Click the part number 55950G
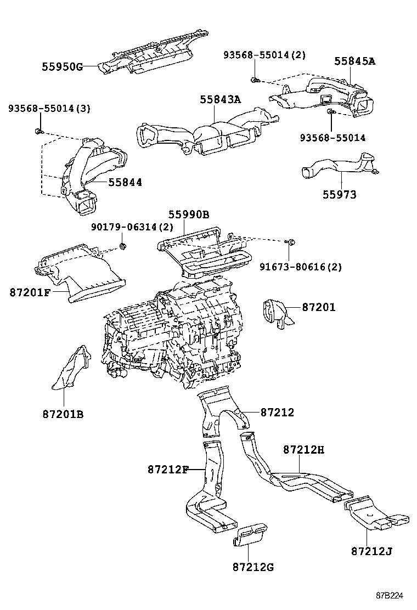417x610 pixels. pyautogui.click(x=61, y=67)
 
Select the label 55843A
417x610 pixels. pyautogui.click(x=220, y=99)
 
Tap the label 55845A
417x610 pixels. pyautogui.click(x=355, y=61)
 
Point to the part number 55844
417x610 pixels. pyautogui.click(x=125, y=182)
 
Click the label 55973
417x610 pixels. pyautogui.click(x=339, y=194)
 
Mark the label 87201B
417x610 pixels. pyautogui.click(x=63, y=414)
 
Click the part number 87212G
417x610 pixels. pyautogui.click(x=252, y=567)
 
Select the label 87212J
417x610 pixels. pyautogui.click(x=371, y=551)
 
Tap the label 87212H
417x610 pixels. pyautogui.click(x=304, y=450)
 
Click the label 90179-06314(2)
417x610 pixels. pyautogui.click(x=132, y=227)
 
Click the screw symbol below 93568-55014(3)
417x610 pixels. pyautogui.click(x=36, y=131)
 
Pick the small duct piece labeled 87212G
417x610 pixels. pyautogui.click(x=251, y=535)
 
